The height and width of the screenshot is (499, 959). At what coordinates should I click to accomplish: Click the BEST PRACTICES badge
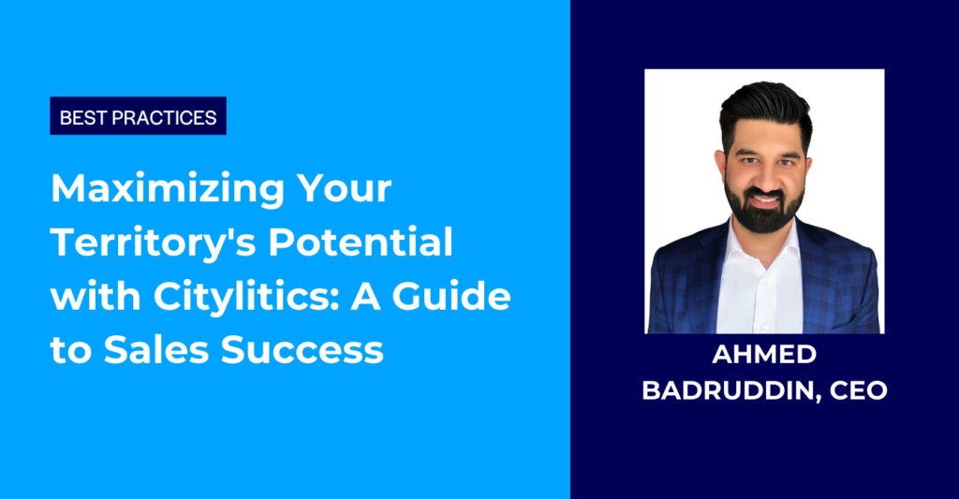tap(138, 117)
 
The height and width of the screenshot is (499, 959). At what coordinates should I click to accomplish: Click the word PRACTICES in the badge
tap(172, 117)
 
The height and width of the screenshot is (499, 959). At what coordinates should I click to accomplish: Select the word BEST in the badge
tap(81, 117)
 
